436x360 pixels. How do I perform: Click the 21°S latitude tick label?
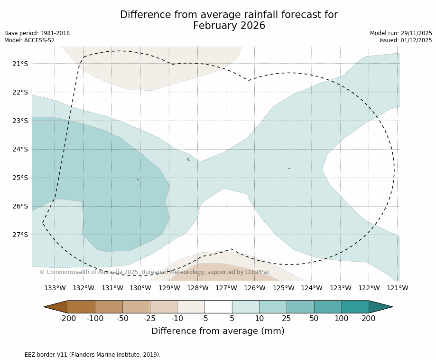[20, 64]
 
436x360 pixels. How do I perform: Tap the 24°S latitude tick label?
[20, 149]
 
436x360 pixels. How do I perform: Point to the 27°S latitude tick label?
[20, 235]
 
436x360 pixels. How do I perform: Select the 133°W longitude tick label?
[55, 288]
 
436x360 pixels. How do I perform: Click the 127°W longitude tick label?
[226, 288]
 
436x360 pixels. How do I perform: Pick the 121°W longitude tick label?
[398, 288]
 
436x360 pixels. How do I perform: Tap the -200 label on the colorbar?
[68, 318]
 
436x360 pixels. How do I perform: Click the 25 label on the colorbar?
[287, 318]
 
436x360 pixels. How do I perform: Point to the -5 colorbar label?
[204, 318]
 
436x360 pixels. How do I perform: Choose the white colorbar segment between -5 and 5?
[218, 307]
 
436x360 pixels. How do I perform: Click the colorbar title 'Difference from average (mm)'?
[218, 331]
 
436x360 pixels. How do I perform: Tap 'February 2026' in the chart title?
[229, 26]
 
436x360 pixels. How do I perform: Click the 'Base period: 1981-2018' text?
[37, 33]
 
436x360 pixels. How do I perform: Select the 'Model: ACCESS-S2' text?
[29, 40]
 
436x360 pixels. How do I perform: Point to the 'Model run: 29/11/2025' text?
[401, 33]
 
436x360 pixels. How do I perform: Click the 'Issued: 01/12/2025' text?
[406, 40]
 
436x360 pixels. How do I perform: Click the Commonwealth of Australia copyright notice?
[155, 272]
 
